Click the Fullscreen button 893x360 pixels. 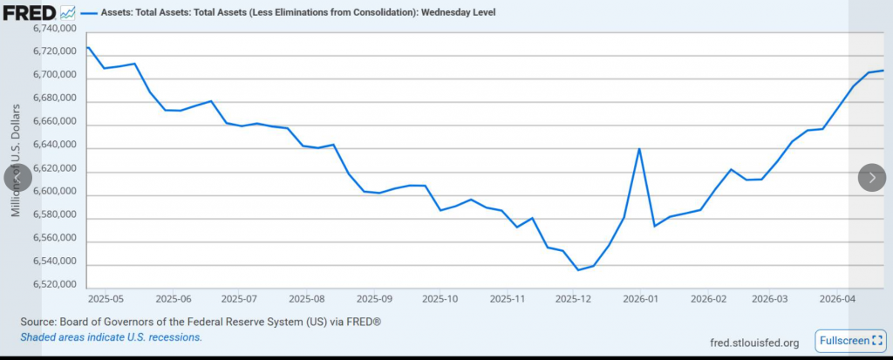(x=850, y=339)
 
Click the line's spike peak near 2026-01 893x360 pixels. (x=639, y=148)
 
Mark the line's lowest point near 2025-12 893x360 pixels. (x=578, y=269)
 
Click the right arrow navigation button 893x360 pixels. (x=872, y=177)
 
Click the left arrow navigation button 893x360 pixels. (x=17, y=177)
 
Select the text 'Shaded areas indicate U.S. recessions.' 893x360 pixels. (x=111, y=337)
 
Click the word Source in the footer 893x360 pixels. (x=39, y=322)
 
